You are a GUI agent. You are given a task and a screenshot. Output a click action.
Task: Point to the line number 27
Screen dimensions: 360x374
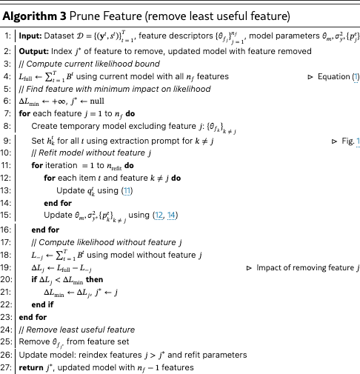point(7,368)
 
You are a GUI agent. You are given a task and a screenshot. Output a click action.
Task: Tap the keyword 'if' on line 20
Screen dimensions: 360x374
point(34,279)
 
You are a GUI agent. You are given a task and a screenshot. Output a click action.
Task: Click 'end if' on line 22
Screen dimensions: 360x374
point(44,304)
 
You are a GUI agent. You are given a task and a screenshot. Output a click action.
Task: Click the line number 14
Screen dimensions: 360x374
point(7,203)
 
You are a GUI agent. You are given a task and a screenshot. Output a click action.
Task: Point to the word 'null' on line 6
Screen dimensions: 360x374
point(101,102)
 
